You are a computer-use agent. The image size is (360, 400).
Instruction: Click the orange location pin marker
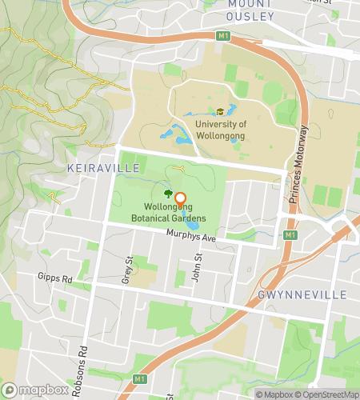pyautogui.click(x=180, y=201)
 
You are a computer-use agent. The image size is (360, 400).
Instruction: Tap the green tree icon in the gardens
pyautogui.click(x=168, y=194)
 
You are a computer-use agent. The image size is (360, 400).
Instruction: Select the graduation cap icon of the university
pyautogui.click(x=220, y=112)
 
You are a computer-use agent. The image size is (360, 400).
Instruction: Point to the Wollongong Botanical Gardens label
pyautogui.click(x=169, y=214)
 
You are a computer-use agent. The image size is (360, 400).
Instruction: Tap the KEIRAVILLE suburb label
pyautogui.click(x=104, y=168)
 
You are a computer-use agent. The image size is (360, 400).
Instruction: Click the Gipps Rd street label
pyautogui.click(x=54, y=276)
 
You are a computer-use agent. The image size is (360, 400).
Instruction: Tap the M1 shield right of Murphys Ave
pyautogui.click(x=290, y=235)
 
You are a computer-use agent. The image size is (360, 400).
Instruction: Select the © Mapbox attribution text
pyautogui.click(x=274, y=394)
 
